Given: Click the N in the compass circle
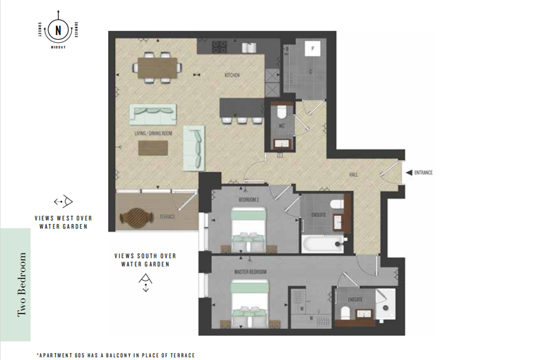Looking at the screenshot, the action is coord(58,31).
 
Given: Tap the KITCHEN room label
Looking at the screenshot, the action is coord(232,75).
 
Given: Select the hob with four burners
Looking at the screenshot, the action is coord(219,47).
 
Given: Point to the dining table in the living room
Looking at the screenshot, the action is coord(157,68).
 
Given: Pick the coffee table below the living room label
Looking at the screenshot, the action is coord(153,148).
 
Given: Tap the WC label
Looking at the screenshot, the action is coord(282,126).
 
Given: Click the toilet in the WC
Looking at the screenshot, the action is coord(282,112).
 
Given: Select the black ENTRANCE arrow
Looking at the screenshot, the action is coord(409,173).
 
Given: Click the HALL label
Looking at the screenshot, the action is coord(354,175).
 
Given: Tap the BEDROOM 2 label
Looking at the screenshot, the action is coord(248,200).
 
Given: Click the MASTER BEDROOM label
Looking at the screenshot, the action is coord(251,272).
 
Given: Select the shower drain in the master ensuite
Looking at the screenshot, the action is coord(386,308).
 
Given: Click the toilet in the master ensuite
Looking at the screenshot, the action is coord(346,312).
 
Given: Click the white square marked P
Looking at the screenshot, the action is coord(313,48).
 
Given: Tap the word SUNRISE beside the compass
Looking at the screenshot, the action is coord(76,30).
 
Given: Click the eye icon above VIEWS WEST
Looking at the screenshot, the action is coord(63,201).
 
